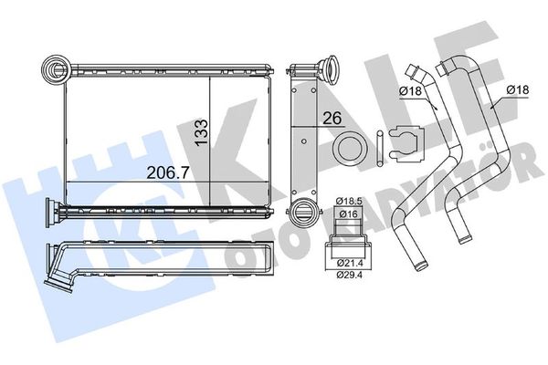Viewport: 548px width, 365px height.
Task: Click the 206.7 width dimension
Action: click(x=168, y=172)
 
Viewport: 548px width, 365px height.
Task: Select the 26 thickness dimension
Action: click(x=332, y=119)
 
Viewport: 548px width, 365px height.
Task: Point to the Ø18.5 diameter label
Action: click(x=349, y=201)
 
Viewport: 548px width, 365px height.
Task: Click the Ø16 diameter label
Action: click(x=349, y=214)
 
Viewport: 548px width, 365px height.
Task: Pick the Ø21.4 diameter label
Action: click(x=349, y=262)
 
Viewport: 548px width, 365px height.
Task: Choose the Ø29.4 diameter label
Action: click(x=350, y=275)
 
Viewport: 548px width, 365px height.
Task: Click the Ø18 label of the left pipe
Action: click(x=410, y=91)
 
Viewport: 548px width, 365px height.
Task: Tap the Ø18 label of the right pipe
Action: click(x=518, y=90)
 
